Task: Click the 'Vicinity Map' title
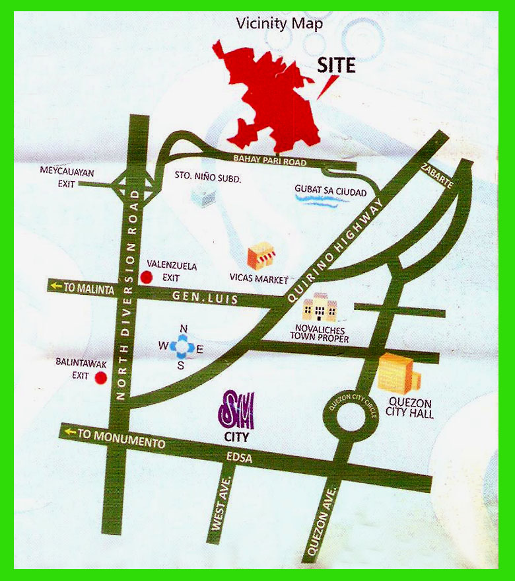pos(280,24)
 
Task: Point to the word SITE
pos(336,65)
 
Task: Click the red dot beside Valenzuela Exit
pos(147,278)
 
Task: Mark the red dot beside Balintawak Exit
pos(100,378)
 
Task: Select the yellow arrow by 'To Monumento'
pos(69,432)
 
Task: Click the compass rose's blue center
pos(184,344)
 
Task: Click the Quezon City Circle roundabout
pos(349,416)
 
